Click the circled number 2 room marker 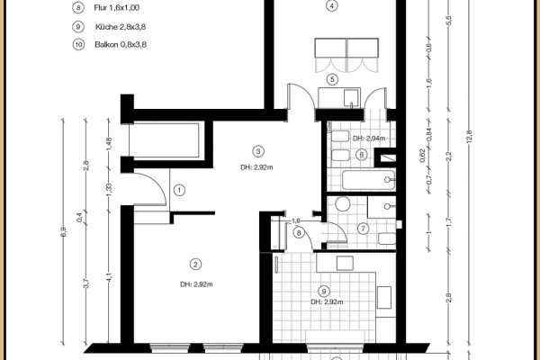(194, 264)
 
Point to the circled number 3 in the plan (257, 151)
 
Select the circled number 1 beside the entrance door (179, 190)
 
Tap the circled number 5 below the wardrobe (332, 79)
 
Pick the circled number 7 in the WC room (363, 228)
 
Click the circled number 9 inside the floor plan (323, 291)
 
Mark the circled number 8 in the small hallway (299, 233)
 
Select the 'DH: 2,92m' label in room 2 (195, 284)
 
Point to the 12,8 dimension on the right (468, 135)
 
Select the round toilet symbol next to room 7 (344, 203)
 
